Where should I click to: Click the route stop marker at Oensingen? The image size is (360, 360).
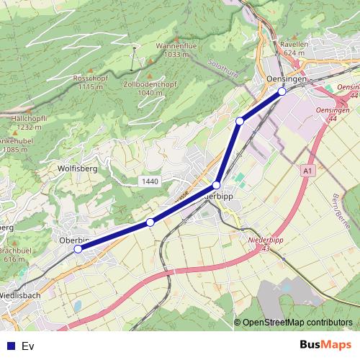[282, 91]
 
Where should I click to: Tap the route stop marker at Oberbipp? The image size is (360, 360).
[78, 249]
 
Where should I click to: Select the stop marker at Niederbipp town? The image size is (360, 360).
[216, 186]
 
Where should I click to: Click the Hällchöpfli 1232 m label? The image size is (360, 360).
[30, 122]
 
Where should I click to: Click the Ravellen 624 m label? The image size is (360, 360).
[295, 48]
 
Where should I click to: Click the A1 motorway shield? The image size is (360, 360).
[307, 171]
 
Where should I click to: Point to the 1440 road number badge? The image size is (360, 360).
[150, 181]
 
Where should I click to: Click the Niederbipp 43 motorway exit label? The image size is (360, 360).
[266, 244]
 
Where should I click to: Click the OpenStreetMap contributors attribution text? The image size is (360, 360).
[297, 323]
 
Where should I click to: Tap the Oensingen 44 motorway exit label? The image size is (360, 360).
[333, 113]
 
